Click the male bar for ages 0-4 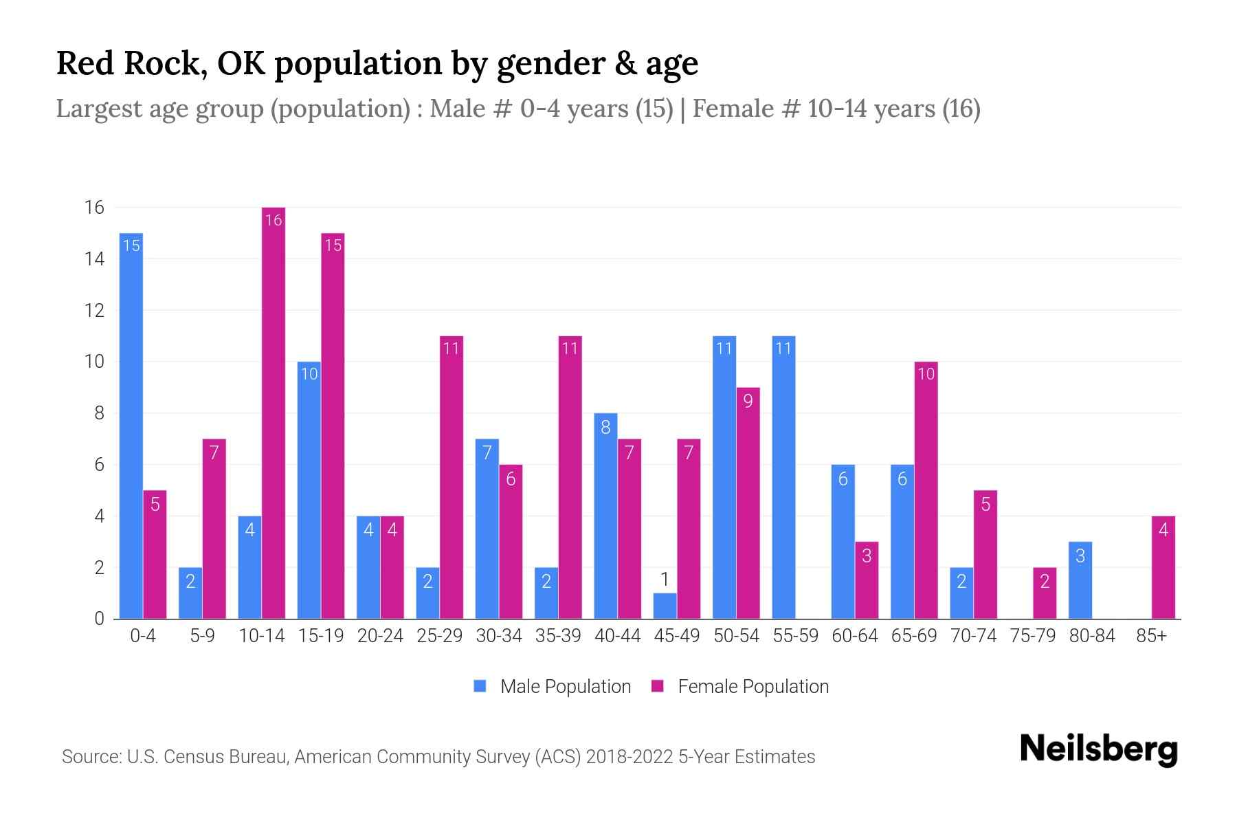coord(131,426)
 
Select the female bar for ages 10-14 coord(274,412)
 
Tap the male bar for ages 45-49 coord(665,606)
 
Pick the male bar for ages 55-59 coord(783,478)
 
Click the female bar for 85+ coord(1163,568)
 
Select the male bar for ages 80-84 coord(1080,581)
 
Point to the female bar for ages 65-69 coord(926,490)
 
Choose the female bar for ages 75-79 coord(1045,593)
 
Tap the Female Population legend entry coord(740,687)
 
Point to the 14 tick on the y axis coord(94,259)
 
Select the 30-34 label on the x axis coord(499,636)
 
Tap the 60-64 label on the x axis coord(855,636)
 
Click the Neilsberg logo coord(1098,749)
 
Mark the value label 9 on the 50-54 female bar coord(748,401)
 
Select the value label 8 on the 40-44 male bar coord(605,427)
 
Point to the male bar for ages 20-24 coord(368,568)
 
